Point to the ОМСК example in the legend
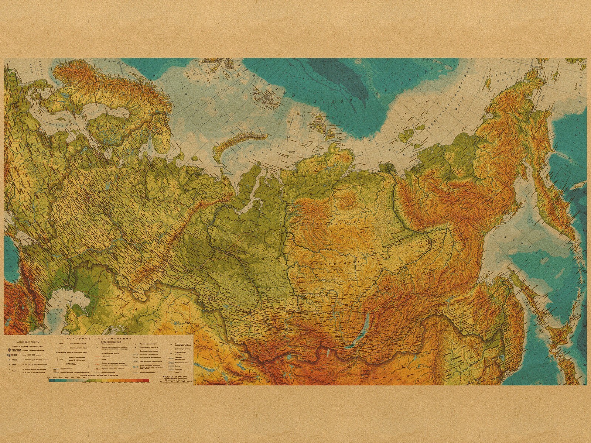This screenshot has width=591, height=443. (15, 355)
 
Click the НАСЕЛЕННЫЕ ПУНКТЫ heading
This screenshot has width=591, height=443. (28, 342)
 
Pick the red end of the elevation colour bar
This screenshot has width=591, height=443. (146, 380)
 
